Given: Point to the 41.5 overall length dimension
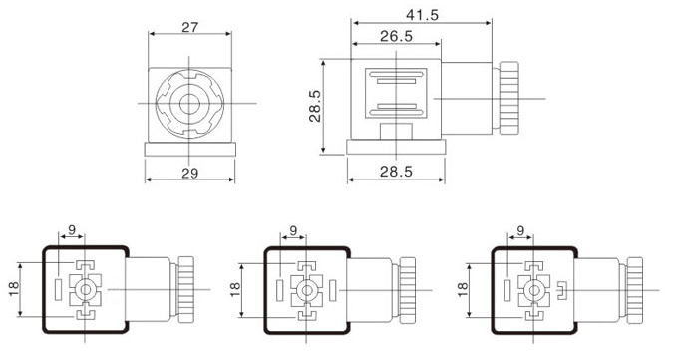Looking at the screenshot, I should (x=422, y=14).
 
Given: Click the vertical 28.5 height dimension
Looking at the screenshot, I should (x=314, y=104).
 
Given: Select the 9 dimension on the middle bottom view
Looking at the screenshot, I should (x=292, y=231).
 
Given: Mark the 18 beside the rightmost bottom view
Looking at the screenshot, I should (x=463, y=289).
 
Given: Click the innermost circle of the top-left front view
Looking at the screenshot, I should (x=189, y=102).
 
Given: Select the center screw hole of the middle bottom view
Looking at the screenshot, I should (x=307, y=290).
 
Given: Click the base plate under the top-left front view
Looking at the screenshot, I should (x=189, y=149).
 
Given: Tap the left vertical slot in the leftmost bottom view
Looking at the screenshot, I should (x=59, y=290).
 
